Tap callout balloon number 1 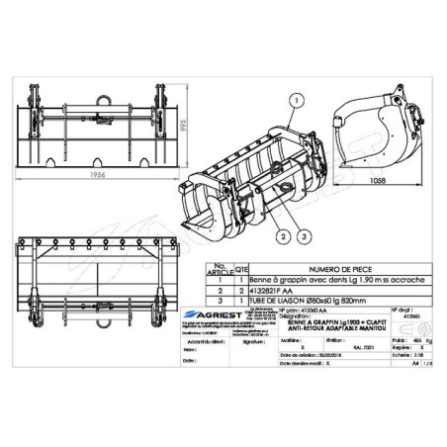coord(295,98)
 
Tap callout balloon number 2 coord(283,237)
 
